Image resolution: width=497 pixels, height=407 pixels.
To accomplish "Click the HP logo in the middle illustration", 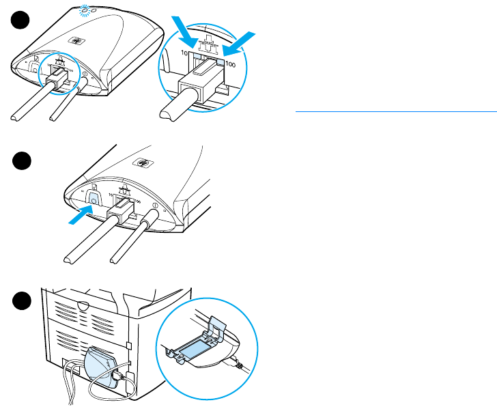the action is click(x=143, y=164).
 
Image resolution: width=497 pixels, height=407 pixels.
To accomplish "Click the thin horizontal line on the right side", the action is click(x=395, y=109).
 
